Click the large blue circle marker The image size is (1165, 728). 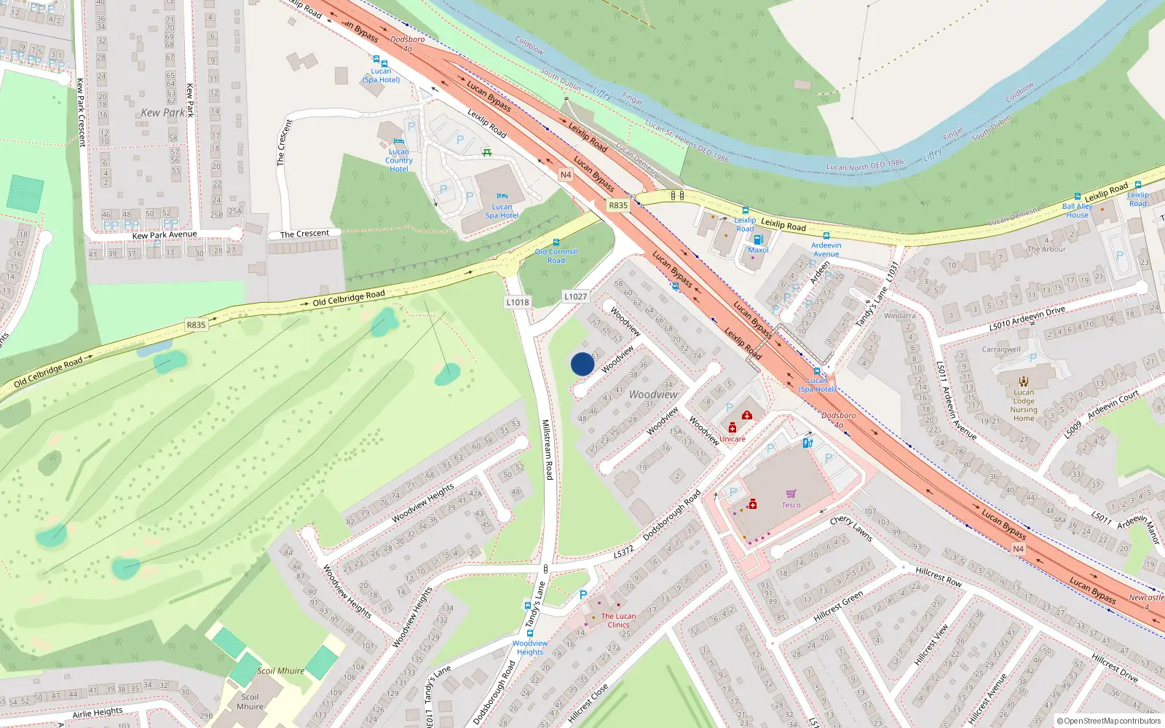point(582,364)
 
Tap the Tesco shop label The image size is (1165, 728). point(791,505)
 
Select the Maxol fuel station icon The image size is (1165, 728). point(757,240)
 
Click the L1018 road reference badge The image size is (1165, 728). point(518,302)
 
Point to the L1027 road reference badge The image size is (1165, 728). point(575,296)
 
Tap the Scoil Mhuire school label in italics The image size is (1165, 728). point(280,670)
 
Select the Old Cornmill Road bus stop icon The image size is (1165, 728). point(556,243)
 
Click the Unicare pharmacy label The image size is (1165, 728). point(732,439)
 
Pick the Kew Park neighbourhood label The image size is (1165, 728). point(163,113)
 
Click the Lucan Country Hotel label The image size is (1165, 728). point(398,160)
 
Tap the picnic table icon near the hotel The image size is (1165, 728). point(487,152)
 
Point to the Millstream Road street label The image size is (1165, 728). point(548,449)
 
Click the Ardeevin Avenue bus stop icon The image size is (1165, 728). point(826,236)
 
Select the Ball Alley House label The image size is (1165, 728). point(1077,210)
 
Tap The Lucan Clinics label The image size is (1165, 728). point(618,620)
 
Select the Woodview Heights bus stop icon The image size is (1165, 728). point(528,606)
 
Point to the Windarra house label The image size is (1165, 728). point(899,316)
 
